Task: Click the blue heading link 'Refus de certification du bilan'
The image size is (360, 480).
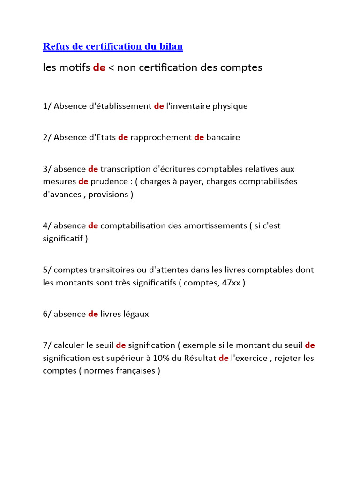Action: click(112, 46)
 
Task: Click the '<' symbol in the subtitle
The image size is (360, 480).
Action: click(111, 68)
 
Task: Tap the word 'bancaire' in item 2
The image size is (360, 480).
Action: click(223, 137)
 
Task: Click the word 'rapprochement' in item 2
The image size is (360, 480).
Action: click(161, 137)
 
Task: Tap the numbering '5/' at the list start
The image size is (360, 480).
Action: click(47, 270)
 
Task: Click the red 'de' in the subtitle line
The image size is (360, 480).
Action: click(99, 68)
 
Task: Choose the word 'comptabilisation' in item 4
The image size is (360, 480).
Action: click(133, 225)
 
